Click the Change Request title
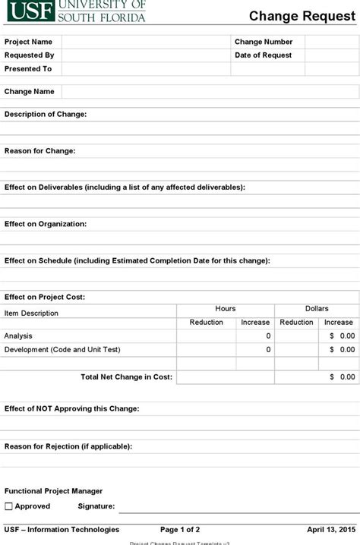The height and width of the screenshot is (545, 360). [302, 16]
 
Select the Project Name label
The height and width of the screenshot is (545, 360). [29, 42]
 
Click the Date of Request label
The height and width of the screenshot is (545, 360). [263, 55]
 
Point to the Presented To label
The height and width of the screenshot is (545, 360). [28, 69]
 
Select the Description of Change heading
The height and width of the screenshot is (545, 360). [46, 114]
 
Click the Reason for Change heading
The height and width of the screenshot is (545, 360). [40, 151]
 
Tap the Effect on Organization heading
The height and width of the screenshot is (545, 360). [46, 224]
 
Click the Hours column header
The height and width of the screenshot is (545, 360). [226, 309]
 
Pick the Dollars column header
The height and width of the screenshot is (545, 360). [317, 309]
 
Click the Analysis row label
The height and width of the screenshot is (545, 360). [18, 336]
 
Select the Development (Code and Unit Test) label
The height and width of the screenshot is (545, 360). [62, 350]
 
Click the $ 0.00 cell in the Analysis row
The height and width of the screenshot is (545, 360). [342, 336]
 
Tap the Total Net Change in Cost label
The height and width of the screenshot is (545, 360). [126, 376]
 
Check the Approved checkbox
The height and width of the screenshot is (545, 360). [9, 506]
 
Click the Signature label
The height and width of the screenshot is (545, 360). [96, 506]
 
